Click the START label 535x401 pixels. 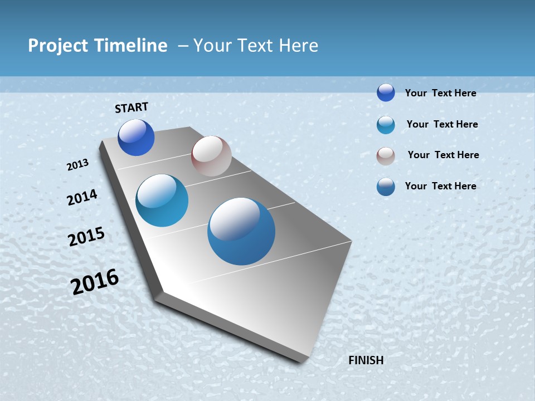132,107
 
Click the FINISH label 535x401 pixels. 366,360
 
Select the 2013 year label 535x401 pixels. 78,165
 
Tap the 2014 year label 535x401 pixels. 82,197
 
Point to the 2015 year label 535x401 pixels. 86,237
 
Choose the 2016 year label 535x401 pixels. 95,282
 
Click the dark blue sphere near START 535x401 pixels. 136,138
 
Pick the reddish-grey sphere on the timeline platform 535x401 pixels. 211,156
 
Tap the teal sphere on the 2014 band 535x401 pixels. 162,200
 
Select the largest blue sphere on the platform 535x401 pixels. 241,231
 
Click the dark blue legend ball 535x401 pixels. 386,93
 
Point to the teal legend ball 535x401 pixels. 386,125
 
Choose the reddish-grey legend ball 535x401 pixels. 386,156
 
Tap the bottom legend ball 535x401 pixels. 386,187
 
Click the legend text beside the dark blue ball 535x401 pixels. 440,93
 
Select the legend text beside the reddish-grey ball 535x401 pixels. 443,155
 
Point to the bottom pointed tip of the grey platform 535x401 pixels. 301,361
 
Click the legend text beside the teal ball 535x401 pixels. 442,124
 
